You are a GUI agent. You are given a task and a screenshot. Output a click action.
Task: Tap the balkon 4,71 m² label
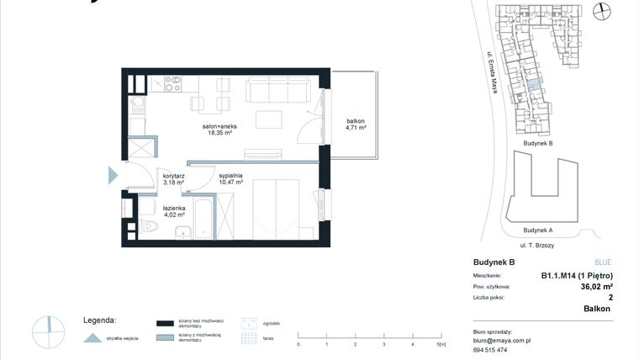(354, 125)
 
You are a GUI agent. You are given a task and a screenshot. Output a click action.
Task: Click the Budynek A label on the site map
(537, 230)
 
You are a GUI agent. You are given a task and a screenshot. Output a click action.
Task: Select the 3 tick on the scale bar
(383, 345)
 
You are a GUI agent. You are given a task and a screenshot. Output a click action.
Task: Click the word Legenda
(99, 320)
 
